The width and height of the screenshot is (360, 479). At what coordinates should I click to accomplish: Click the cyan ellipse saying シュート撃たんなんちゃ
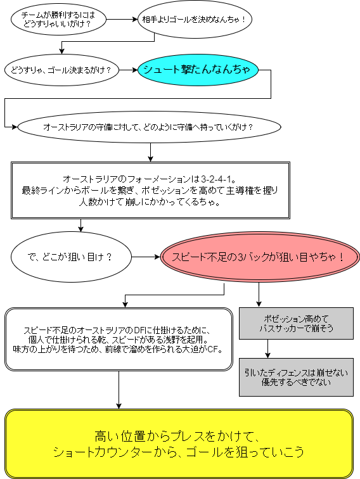[x=198, y=70]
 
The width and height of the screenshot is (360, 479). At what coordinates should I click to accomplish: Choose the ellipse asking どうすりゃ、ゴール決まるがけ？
[x=61, y=70]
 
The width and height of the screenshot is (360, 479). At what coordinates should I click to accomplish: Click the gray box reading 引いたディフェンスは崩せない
[x=296, y=377]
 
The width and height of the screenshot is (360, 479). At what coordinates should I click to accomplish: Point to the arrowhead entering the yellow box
[x=119, y=405]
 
